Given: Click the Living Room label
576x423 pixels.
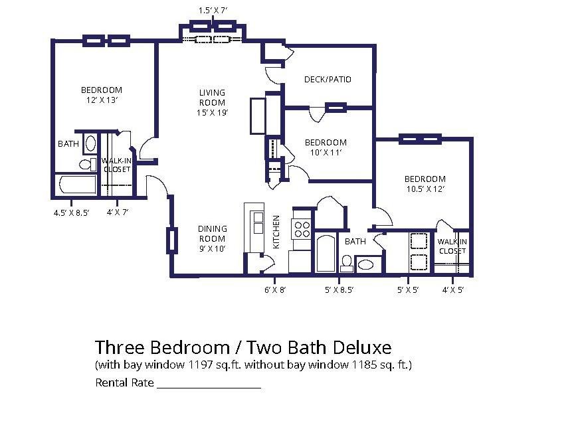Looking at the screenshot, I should [212, 103].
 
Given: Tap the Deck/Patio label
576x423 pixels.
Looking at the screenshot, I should [328, 80].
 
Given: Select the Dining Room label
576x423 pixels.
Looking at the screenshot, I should [212, 238].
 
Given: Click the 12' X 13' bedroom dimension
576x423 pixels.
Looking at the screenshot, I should [102, 100].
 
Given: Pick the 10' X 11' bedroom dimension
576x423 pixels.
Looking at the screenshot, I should [326, 153].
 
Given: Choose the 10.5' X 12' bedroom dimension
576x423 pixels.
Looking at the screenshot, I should [425, 189].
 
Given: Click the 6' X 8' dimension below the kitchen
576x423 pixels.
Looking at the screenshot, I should [274, 290].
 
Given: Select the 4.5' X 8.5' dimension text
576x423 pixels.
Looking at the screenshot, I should [71, 212].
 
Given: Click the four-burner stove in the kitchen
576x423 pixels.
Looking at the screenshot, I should [302, 229].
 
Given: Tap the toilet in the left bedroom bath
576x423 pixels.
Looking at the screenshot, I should [86, 163].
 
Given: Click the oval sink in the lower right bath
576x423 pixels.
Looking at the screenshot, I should [366, 264].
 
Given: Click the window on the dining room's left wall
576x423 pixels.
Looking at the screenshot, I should [171, 240].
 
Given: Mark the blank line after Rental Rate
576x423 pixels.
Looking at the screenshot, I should [209, 386].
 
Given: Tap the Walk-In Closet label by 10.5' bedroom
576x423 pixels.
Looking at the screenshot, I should [452, 246].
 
